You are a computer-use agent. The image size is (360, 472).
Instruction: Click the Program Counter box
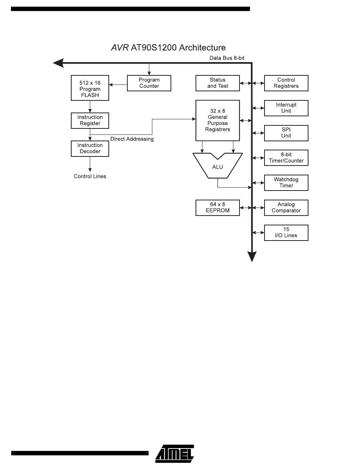click(149, 83)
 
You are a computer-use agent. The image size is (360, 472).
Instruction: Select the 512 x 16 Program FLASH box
click(90, 88)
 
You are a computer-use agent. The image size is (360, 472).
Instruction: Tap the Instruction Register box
click(90, 120)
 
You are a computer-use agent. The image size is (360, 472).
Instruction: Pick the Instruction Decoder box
click(90, 148)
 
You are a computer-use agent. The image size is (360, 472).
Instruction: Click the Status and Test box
click(218, 83)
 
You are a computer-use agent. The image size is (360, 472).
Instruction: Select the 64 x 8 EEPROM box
click(218, 208)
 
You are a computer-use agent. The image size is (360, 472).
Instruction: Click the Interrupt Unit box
click(286, 108)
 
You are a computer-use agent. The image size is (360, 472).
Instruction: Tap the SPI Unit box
click(286, 133)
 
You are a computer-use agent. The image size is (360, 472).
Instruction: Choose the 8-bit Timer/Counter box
click(286, 158)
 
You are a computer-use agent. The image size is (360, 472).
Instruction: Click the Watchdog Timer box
click(286, 183)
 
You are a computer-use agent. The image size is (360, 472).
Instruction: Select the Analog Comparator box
click(286, 208)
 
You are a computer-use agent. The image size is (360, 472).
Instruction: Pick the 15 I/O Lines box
click(286, 233)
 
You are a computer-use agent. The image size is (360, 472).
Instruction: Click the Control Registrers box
click(286, 83)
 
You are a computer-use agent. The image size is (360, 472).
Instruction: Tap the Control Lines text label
click(90, 176)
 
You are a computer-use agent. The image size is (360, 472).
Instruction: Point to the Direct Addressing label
click(132, 139)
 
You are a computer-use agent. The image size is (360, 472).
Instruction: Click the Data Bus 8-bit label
click(227, 58)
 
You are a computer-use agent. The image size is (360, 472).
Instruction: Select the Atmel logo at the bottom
click(175, 453)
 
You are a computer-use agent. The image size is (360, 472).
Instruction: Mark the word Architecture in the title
click(202, 48)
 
